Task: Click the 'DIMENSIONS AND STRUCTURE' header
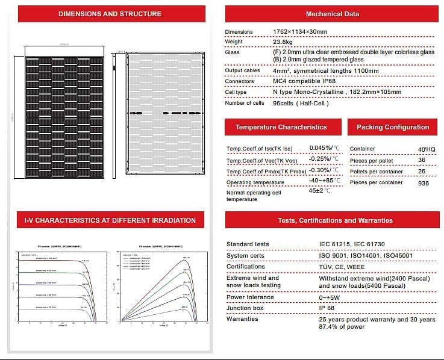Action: (x=110, y=14)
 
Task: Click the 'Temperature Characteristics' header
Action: (x=281, y=127)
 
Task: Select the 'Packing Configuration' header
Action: (x=393, y=127)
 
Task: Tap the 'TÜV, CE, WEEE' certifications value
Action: (x=342, y=266)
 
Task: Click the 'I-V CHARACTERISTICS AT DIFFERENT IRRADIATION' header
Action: (x=110, y=220)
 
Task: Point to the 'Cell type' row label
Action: (x=237, y=92)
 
